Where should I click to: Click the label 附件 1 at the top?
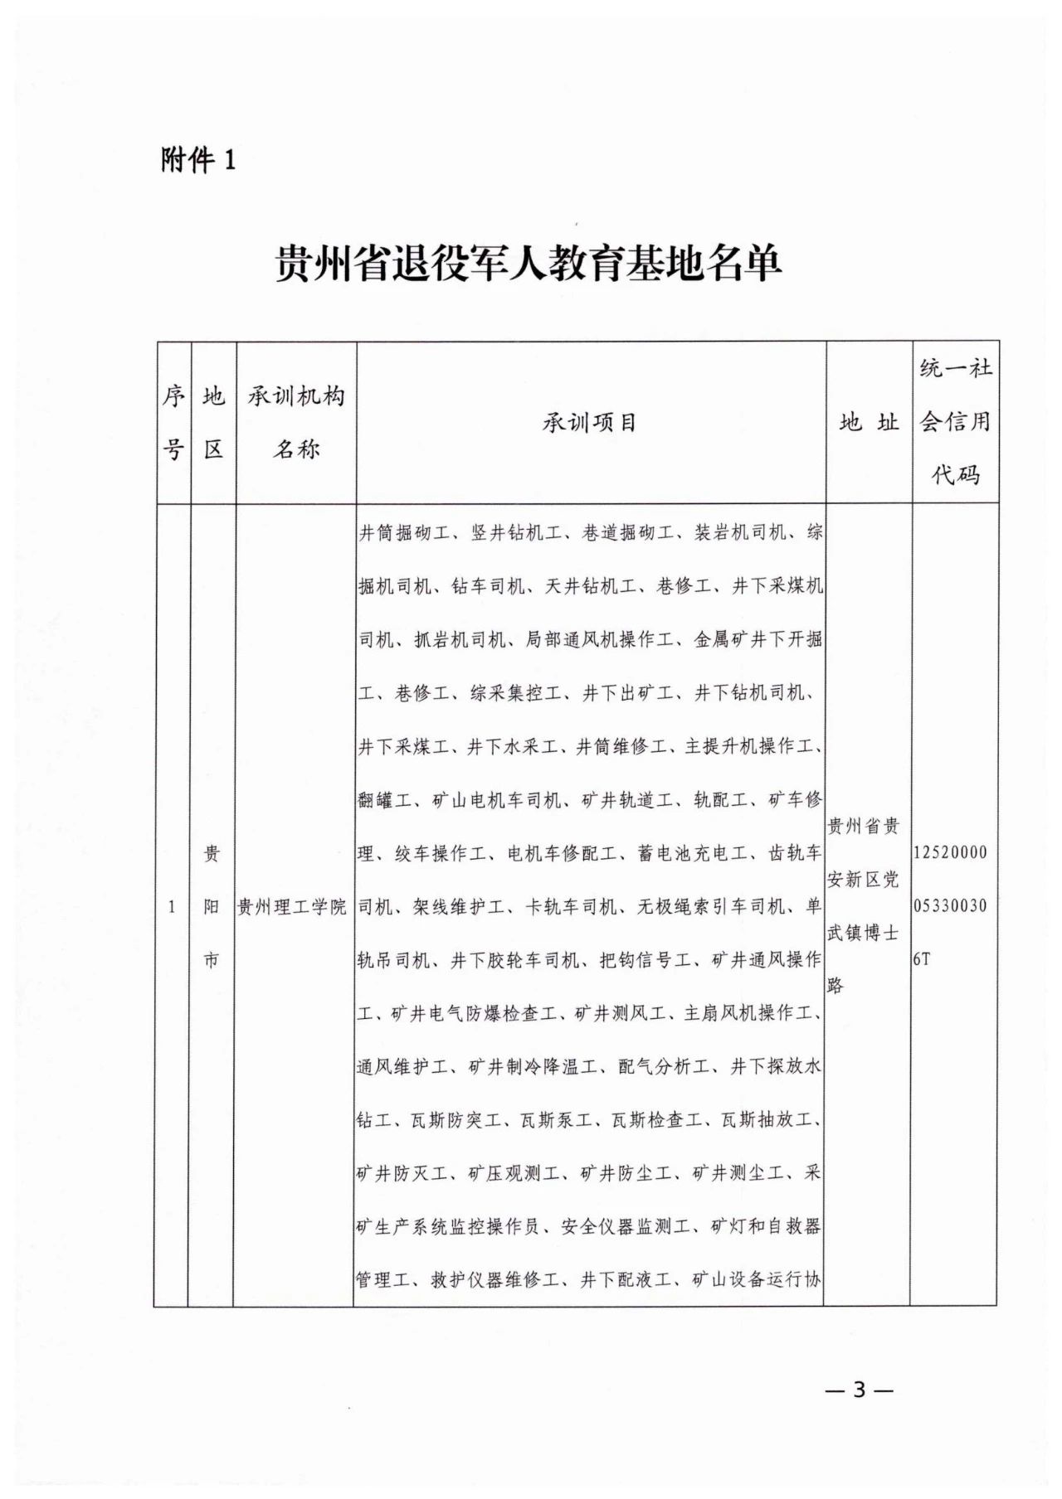pyautogui.click(x=198, y=159)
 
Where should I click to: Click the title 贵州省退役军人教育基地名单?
pyautogui.click(x=529, y=264)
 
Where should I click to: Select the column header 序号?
pyautogui.click(x=173, y=422)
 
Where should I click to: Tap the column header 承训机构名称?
pyautogui.click(x=296, y=422)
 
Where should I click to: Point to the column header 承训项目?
pyautogui.click(x=590, y=423)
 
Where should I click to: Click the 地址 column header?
pyautogui.click(x=869, y=423)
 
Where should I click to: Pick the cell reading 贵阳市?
pyautogui.click(x=212, y=906)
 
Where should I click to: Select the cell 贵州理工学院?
pyautogui.click(x=292, y=907)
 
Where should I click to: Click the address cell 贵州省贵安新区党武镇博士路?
pyautogui.click(x=864, y=905)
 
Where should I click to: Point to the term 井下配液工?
pyautogui.click(x=626, y=1279)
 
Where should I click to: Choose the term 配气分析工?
pyautogui.click(x=663, y=1067)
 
